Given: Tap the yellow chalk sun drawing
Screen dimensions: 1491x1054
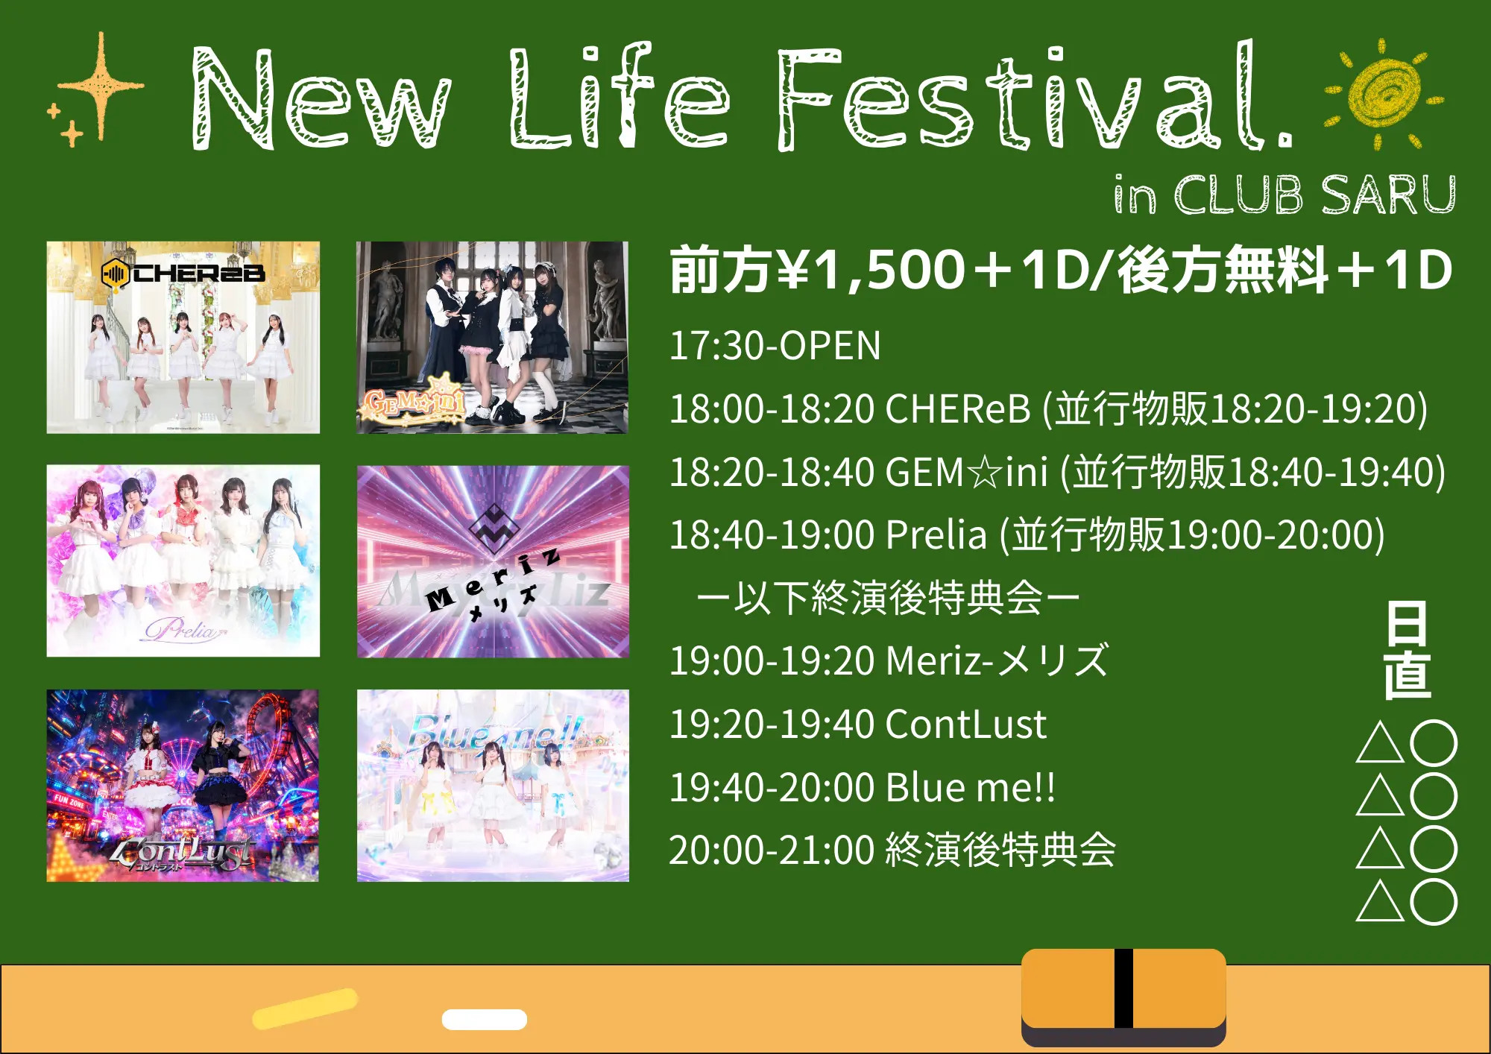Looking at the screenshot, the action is [1384, 93].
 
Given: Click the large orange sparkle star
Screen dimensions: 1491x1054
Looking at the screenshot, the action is [101, 86].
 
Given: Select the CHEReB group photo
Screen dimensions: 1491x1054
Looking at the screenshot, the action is [183, 337].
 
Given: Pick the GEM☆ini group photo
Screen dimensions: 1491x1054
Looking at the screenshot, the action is [492, 337].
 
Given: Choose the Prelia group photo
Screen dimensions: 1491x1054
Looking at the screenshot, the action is [183, 561].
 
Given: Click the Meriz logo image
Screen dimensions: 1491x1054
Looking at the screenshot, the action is [493, 561].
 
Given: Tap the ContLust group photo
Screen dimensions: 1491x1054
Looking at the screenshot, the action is [183, 786].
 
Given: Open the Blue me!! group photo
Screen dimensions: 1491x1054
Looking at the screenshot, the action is [493, 786].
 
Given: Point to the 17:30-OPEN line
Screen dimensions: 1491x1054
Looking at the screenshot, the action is [775, 346].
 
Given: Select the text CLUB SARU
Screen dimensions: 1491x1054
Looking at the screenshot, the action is [1314, 195].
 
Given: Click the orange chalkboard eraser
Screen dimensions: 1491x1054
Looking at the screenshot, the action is [1123, 997].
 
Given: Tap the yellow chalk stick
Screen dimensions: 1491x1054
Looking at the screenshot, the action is [306, 1009].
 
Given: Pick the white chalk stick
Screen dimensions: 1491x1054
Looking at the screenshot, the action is [485, 1019].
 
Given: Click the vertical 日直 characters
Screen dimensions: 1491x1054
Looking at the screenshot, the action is [1407, 650].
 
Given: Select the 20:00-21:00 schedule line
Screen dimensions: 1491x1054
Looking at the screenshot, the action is [892, 851].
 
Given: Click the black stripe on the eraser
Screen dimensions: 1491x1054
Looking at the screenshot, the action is [1123, 988].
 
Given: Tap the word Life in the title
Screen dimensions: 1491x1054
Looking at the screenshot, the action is [619, 95].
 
